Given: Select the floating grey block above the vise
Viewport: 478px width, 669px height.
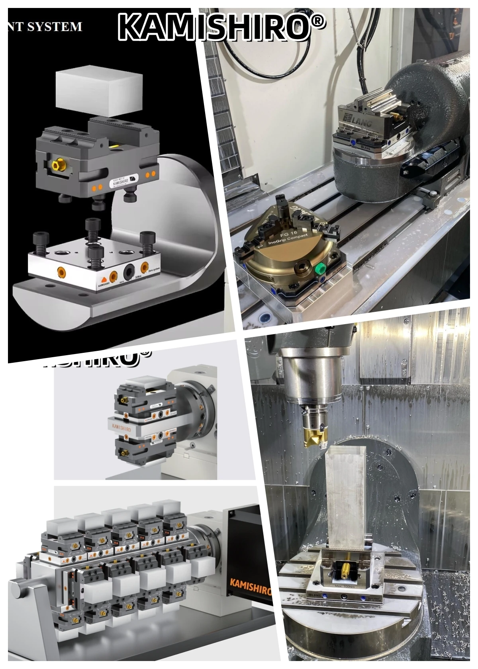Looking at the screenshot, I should pyautogui.click(x=99, y=90).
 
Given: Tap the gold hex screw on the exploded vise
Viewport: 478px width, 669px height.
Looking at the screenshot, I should pyautogui.click(x=58, y=164).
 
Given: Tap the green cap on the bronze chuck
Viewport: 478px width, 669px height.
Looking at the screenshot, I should pyautogui.click(x=318, y=269).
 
